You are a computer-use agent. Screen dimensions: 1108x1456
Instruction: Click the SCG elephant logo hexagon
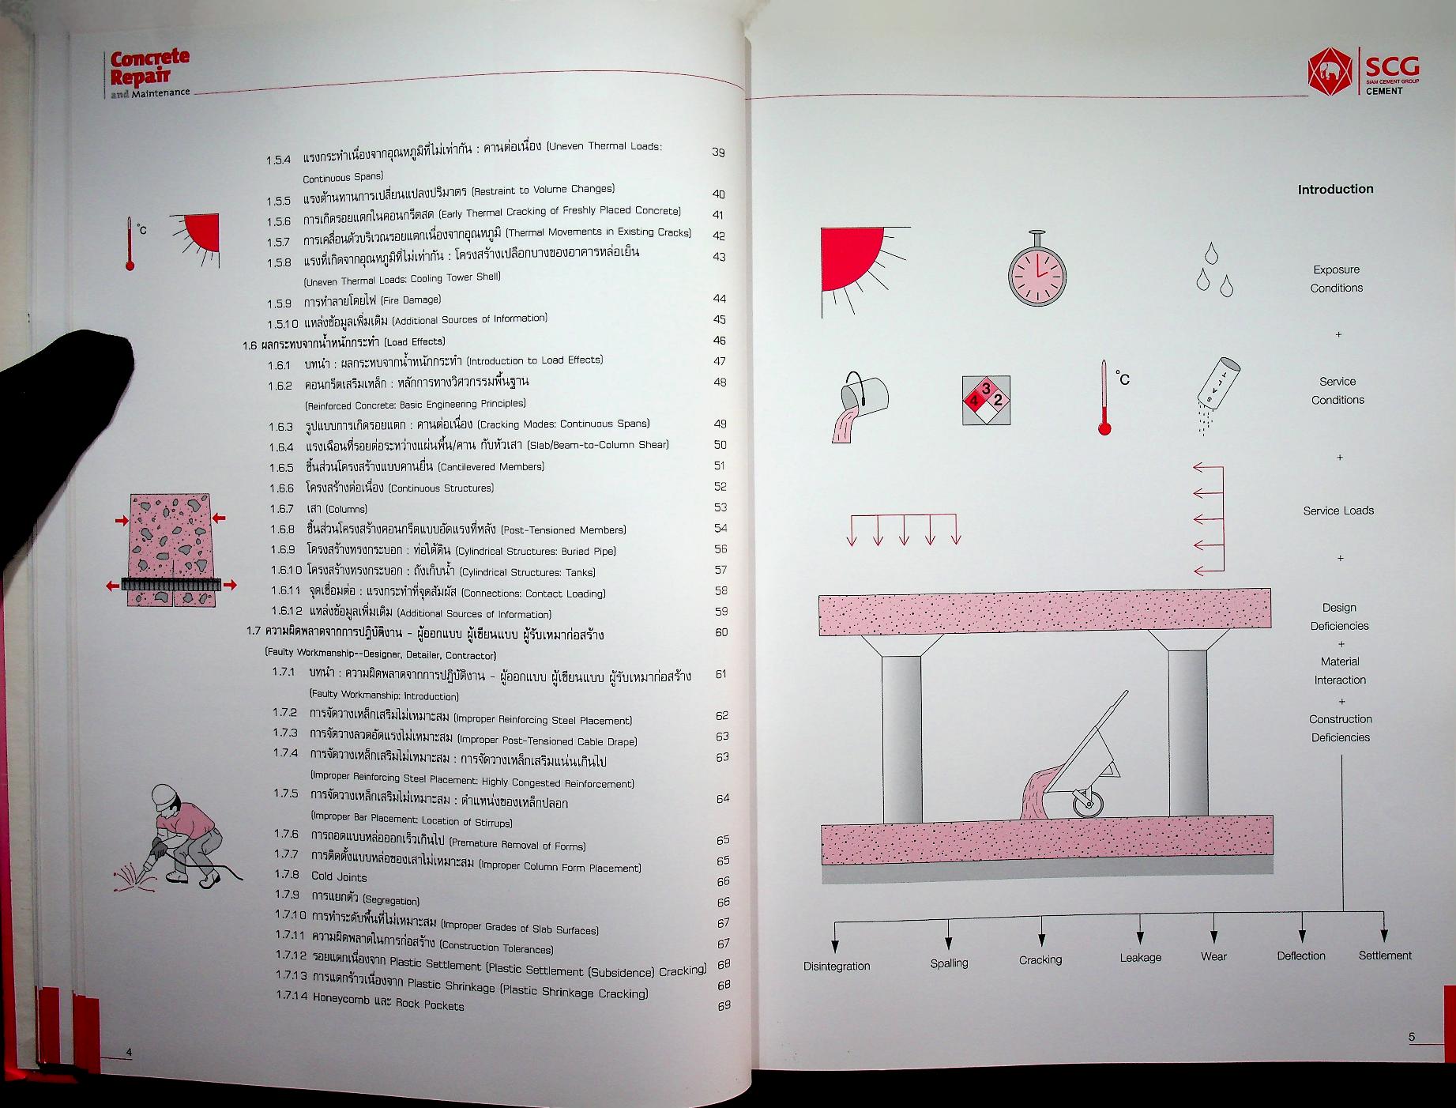pos(1330,72)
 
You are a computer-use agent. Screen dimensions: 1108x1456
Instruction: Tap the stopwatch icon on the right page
pos(1037,271)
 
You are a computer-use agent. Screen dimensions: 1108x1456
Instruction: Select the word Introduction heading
pos(1335,189)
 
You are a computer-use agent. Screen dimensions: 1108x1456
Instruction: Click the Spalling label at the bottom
pos(949,963)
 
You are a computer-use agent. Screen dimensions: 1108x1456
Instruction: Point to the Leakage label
pos(1140,958)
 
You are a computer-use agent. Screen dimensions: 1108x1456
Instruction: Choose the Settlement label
pos(1384,955)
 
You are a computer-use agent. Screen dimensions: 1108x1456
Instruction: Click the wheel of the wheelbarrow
pos(1088,803)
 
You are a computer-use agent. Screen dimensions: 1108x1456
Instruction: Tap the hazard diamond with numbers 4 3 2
pos(986,400)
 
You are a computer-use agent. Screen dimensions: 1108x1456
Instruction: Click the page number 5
pos(1411,1038)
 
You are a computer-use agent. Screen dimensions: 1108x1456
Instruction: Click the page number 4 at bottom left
pos(130,1052)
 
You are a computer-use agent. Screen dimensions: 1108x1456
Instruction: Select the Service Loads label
pos(1338,511)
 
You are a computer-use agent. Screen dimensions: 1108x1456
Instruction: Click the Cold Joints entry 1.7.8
pos(339,876)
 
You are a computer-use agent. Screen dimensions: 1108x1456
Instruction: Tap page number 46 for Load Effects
pos(719,341)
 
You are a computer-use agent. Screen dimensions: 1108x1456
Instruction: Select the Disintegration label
pos(837,966)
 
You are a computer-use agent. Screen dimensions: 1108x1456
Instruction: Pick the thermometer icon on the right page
pos(1104,398)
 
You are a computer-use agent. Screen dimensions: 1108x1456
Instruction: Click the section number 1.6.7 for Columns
pos(281,509)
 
